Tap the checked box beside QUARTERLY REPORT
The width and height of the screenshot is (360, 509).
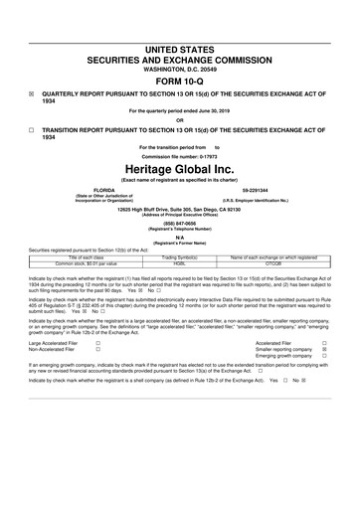click(32, 98)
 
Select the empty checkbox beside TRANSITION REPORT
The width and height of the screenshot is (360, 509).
click(32, 130)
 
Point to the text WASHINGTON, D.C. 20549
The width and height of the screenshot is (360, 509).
click(180, 68)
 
